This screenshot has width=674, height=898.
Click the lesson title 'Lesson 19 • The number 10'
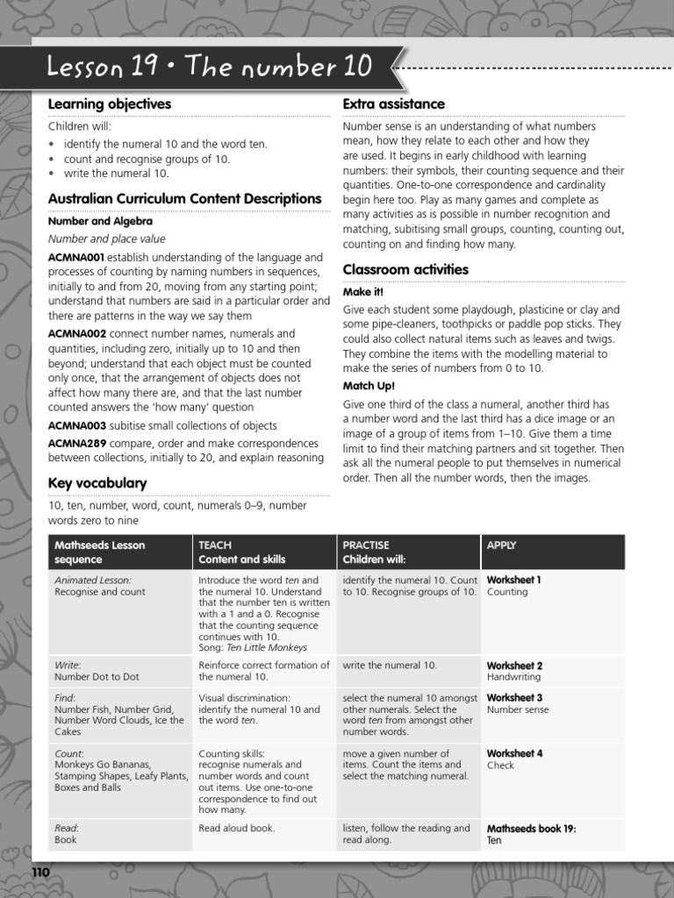[210, 67]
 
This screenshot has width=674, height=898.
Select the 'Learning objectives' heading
[109, 104]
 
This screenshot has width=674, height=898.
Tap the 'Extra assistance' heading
[393, 104]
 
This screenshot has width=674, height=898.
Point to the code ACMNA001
[76, 258]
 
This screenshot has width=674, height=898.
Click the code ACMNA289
[76, 444]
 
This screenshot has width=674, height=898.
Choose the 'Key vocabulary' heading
[97, 483]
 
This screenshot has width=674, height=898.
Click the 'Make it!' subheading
[362, 292]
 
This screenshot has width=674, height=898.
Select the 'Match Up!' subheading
[369, 385]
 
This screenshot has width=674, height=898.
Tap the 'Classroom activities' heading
[405, 269]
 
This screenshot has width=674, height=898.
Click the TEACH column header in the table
[215, 545]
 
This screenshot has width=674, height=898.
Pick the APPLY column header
[501, 545]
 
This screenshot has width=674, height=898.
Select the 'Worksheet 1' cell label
[514, 580]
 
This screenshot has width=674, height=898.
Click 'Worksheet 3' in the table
[514, 698]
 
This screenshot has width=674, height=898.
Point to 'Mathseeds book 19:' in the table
[531, 828]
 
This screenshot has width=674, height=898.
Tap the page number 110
[42, 873]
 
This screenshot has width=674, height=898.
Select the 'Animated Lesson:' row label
[93, 580]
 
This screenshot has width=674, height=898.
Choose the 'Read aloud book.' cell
[236, 828]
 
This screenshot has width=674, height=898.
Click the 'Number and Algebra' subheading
[100, 222]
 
